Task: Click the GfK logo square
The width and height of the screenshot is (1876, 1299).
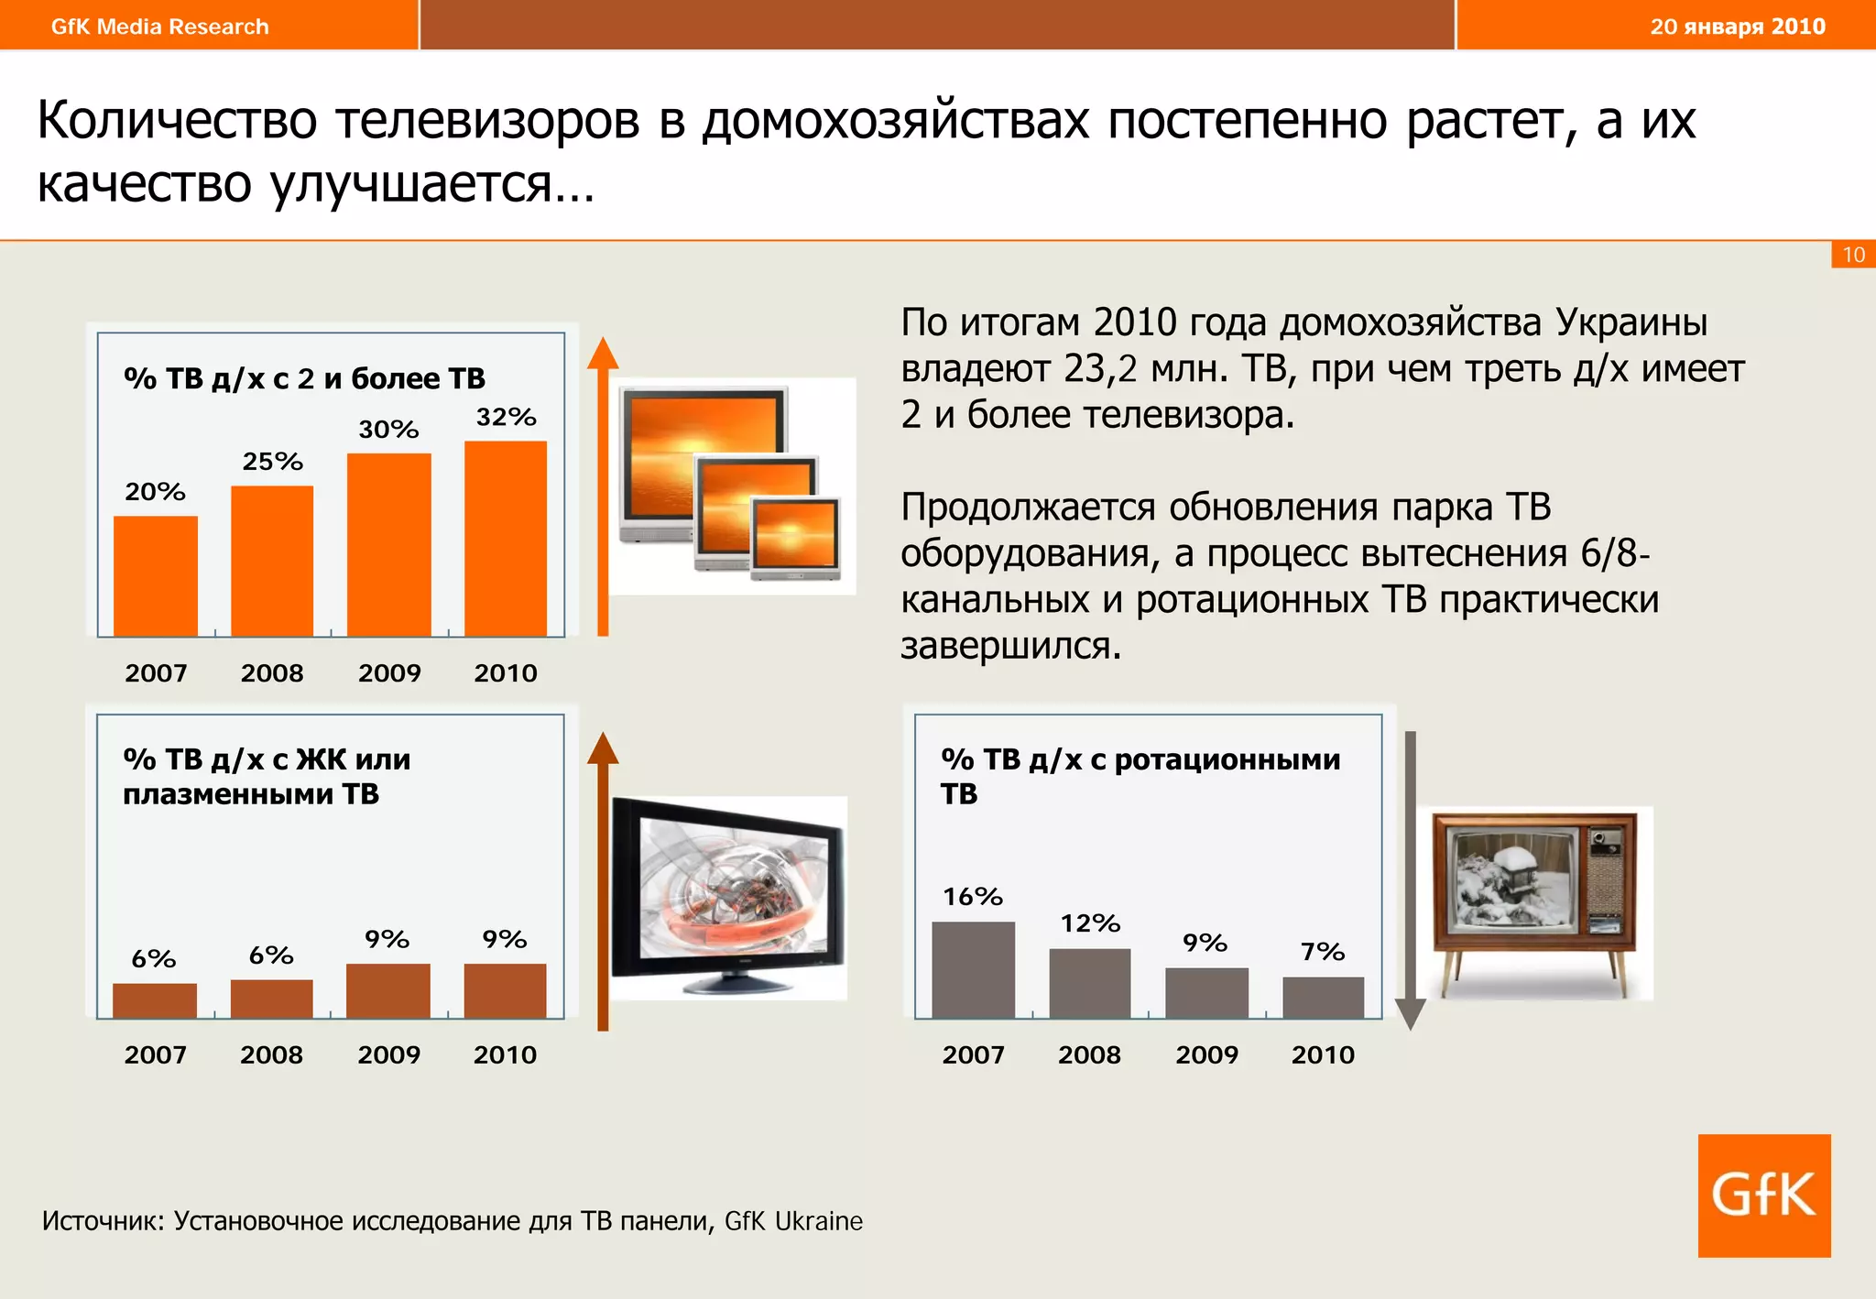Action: point(1763,1195)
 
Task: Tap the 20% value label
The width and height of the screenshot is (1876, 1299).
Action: point(155,492)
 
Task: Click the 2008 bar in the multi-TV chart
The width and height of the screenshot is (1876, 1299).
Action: point(272,561)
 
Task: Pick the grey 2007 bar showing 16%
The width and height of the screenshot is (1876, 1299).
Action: point(973,969)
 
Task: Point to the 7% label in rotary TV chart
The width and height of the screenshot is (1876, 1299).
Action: point(1323,952)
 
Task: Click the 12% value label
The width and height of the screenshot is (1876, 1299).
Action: point(1090,923)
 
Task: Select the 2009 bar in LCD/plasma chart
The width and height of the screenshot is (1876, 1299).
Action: point(388,990)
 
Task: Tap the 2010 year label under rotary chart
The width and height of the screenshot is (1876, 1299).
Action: point(1323,1054)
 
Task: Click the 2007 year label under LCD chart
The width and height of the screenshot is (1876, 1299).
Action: point(155,1054)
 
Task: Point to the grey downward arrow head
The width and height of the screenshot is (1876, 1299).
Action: point(1410,1013)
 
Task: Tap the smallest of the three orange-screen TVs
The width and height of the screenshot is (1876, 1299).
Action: point(795,539)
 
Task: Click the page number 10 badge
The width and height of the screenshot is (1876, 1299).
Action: point(1853,255)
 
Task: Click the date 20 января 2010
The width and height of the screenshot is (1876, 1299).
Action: point(1737,26)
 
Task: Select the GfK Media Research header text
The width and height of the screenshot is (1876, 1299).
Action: point(160,27)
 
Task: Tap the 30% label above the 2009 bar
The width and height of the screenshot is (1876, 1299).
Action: point(388,429)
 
